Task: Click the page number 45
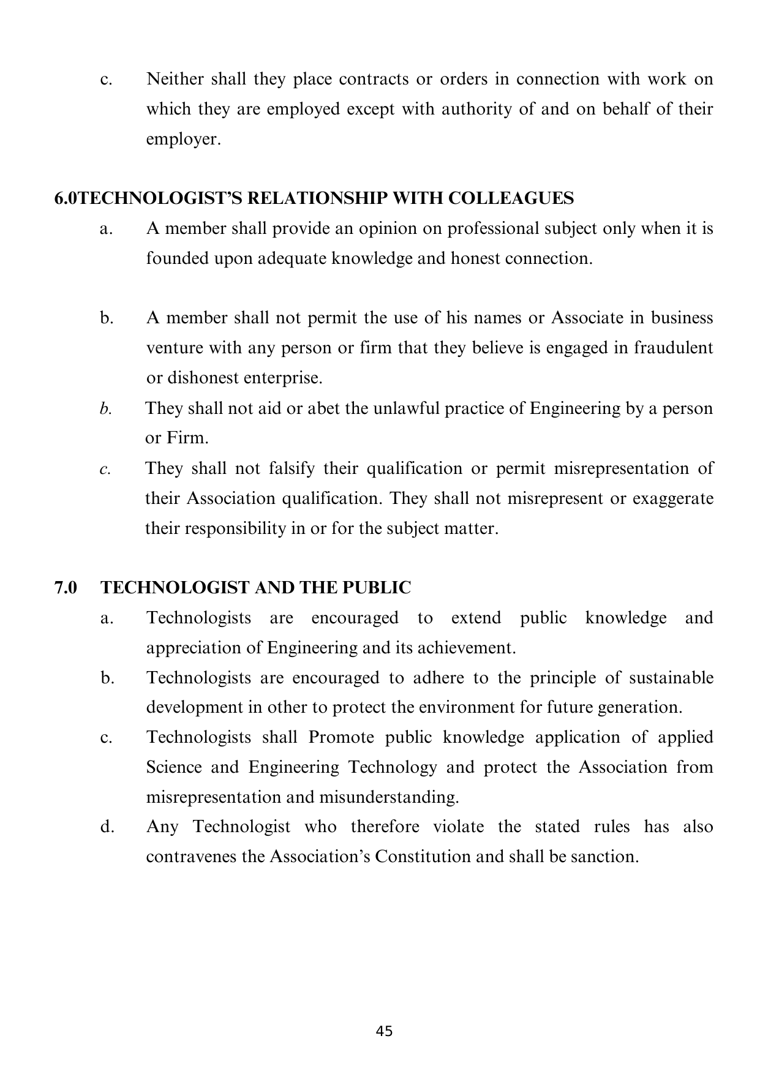[x=384, y=1031]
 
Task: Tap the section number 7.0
[x=66, y=588]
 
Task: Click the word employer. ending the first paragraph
[x=182, y=139]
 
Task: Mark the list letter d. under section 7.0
[x=107, y=827]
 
